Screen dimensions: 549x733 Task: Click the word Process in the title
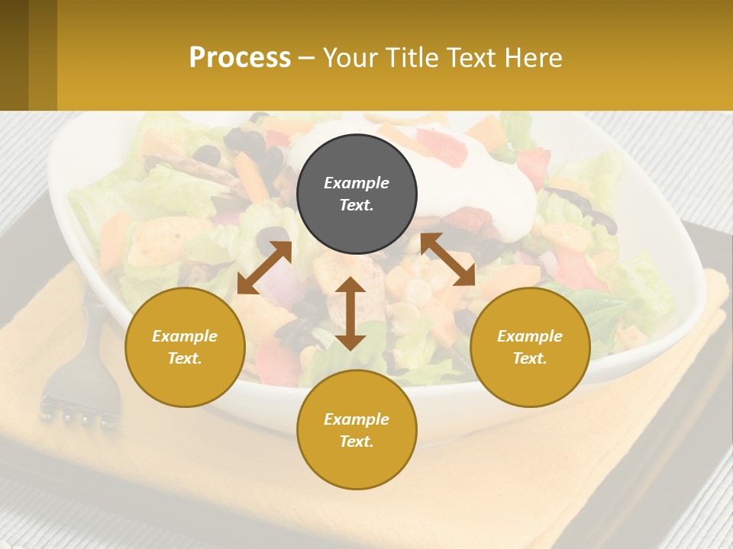pos(240,58)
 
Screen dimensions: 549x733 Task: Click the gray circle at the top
pos(357,194)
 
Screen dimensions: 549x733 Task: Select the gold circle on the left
pos(185,347)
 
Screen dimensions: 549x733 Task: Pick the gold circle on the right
pos(530,347)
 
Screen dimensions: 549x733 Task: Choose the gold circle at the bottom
pos(357,430)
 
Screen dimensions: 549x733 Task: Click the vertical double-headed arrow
pos(350,313)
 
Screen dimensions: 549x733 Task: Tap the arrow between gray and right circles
pos(447,259)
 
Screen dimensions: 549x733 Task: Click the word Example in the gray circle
pos(357,183)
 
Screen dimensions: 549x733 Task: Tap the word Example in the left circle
pos(185,336)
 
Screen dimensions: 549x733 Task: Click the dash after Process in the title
pos(306,58)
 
